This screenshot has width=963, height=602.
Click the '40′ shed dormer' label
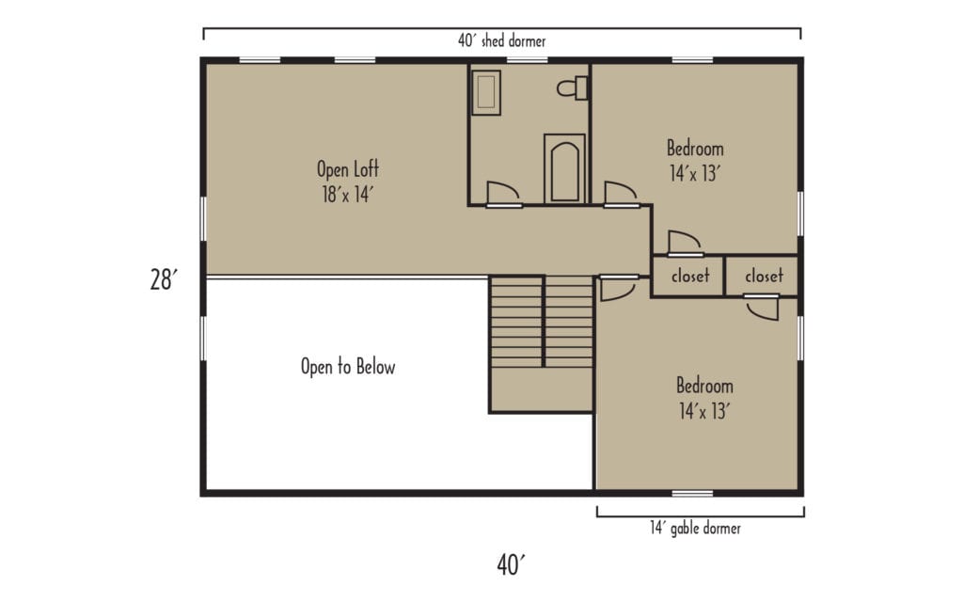click(501, 41)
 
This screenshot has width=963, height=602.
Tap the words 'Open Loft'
click(347, 170)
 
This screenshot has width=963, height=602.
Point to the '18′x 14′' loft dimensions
click(349, 194)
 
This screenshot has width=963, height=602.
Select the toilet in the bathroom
click(573, 88)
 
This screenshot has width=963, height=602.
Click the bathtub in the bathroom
click(564, 169)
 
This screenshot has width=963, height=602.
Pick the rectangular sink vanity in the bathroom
click(485, 93)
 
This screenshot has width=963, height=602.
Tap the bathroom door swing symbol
click(502, 193)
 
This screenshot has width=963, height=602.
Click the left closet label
click(689, 277)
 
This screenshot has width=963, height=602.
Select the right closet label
click(763, 277)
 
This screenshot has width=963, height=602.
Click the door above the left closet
click(684, 243)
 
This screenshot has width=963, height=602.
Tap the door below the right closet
click(762, 308)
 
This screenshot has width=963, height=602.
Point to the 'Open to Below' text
click(347, 367)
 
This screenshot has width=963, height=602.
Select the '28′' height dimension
click(163, 279)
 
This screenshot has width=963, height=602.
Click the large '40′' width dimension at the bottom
click(510, 564)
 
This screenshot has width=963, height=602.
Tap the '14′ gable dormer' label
click(694, 529)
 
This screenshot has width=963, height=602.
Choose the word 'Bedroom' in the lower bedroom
click(704, 387)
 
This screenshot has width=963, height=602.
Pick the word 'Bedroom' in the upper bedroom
click(695, 149)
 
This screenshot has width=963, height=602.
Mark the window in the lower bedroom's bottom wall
click(692, 493)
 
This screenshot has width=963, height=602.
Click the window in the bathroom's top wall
click(528, 60)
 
